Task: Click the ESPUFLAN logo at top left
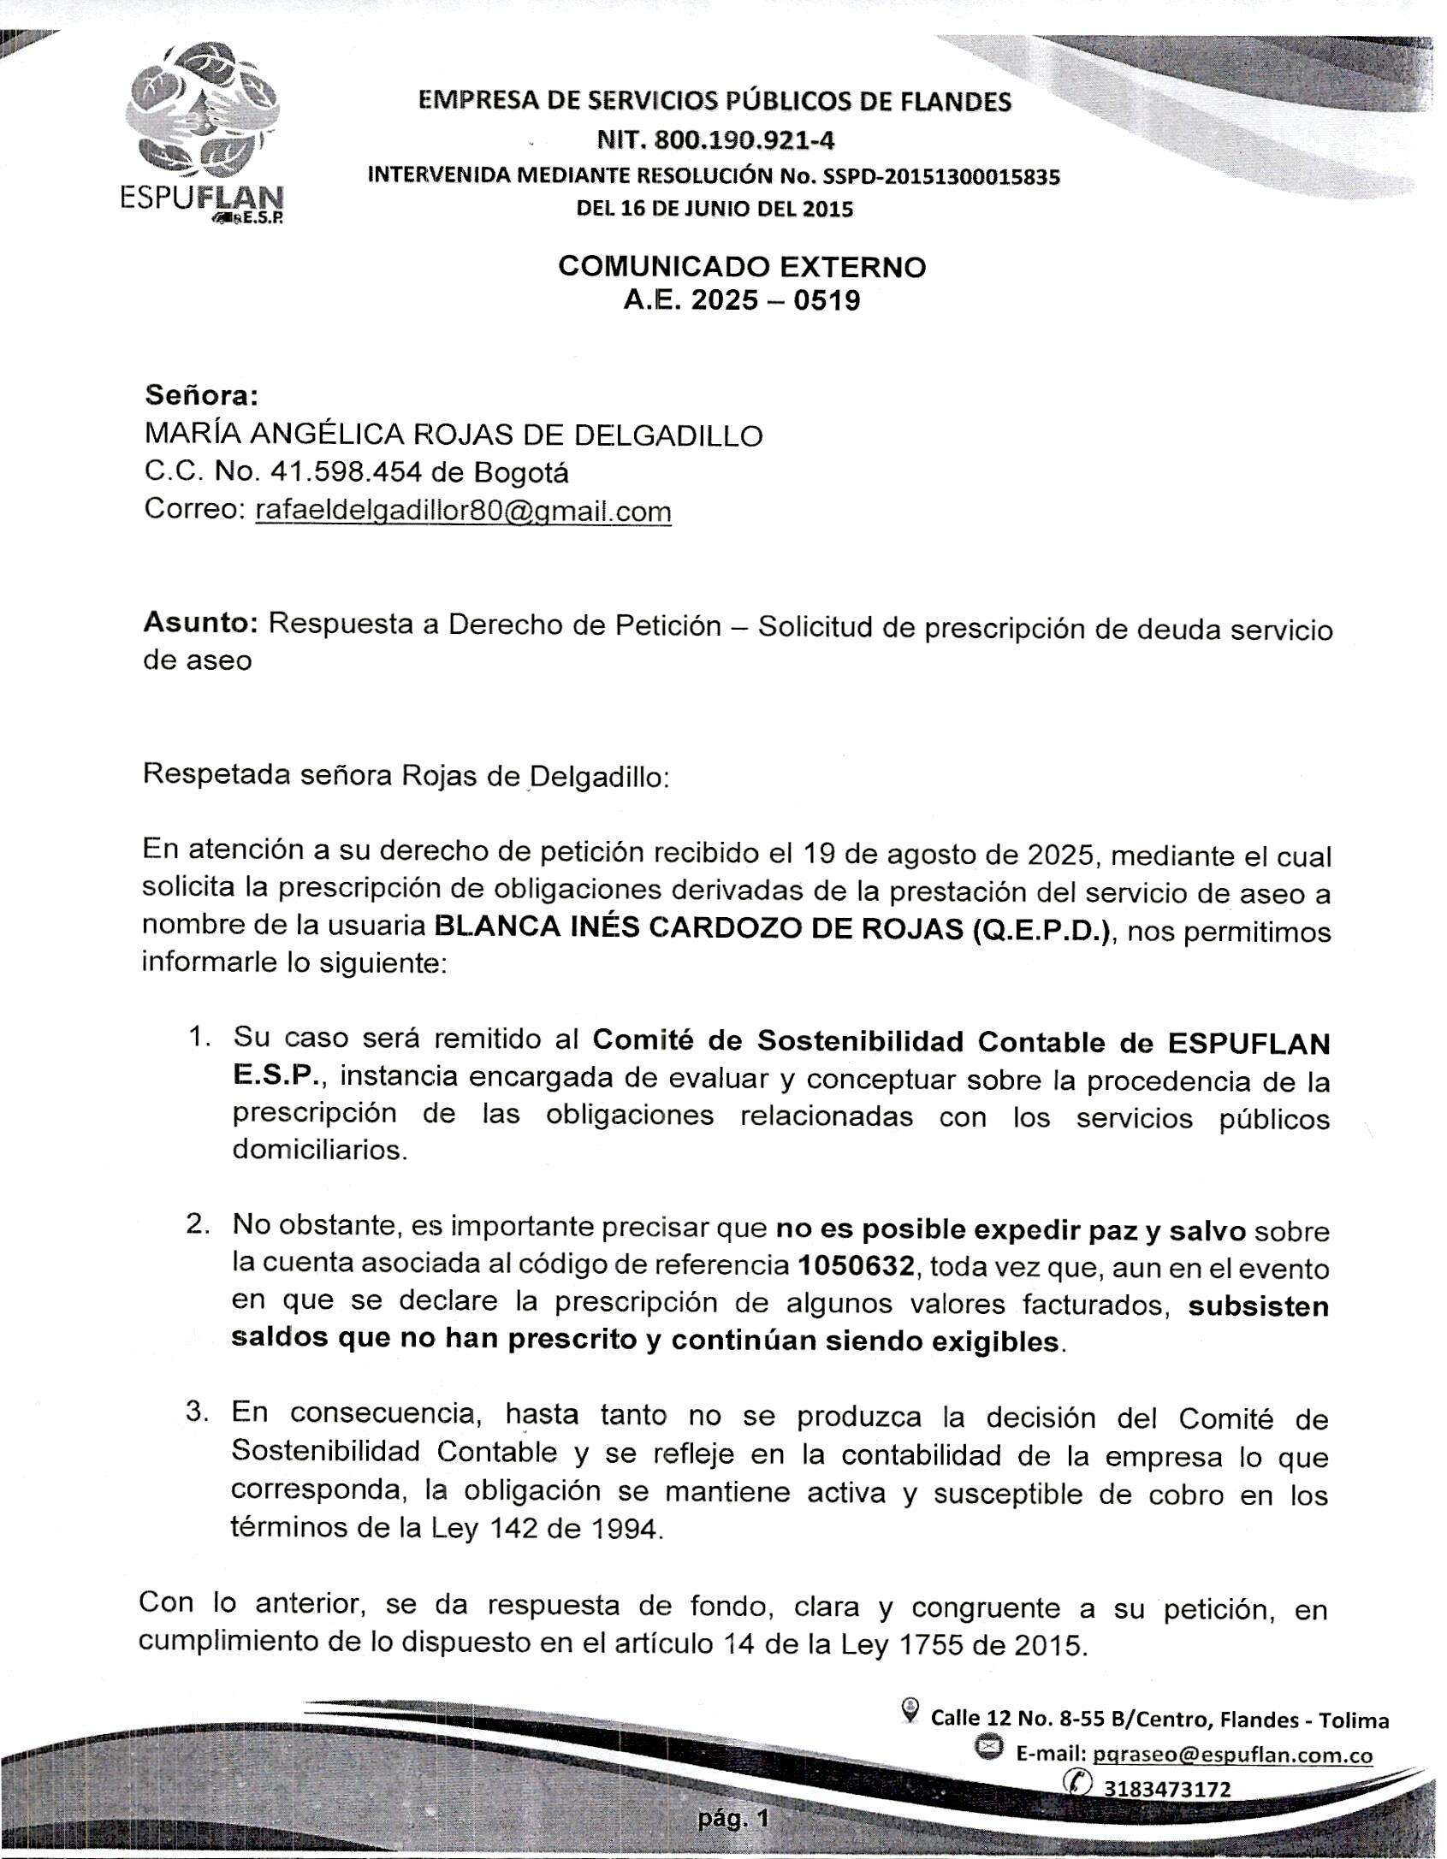[x=203, y=133]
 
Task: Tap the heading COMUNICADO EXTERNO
[x=741, y=267]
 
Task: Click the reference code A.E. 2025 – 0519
[x=741, y=301]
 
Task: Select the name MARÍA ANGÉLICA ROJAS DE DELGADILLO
[x=454, y=435]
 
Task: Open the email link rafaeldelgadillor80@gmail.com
[x=463, y=511]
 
